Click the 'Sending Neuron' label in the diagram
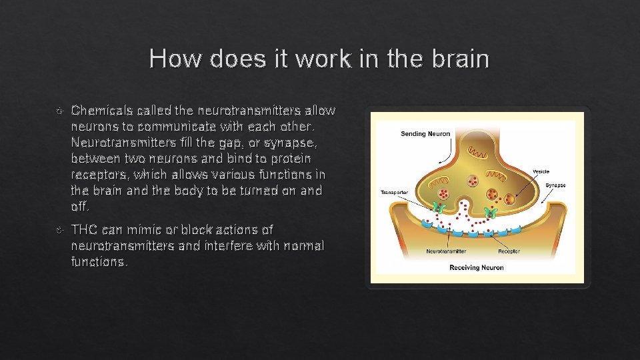pyautogui.click(x=425, y=134)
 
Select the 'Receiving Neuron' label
pyautogui.click(x=476, y=267)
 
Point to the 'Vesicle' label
pyautogui.click(x=541, y=171)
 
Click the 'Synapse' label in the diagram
pyautogui.click(x=556, y=185)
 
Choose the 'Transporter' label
pyautogui.click(x=394, y=192)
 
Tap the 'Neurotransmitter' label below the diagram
pyautogui.click(x=446, y=251)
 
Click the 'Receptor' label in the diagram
pyautogui.click(x=509, y=251)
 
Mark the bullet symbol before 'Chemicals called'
pyautogui.click(x=59, y=110)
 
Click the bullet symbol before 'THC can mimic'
pyautogui.click(x=59, y=230)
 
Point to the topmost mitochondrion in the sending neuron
pyautogui.click(x=476, y=153)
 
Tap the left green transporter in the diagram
pyautogui.click(x=439, y=209)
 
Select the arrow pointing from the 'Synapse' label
pyautogui.click(x=549, y=194)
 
